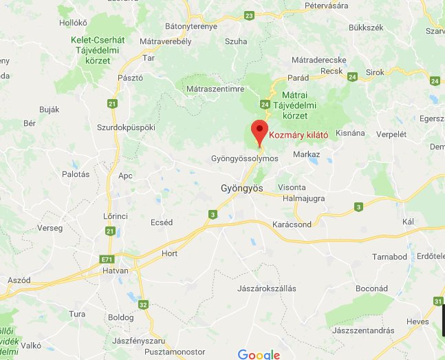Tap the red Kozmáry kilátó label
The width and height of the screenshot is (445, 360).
point(298,135)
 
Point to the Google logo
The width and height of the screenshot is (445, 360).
point(259,354)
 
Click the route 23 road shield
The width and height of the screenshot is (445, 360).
point(248,15)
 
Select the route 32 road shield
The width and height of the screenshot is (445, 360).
point(143,304)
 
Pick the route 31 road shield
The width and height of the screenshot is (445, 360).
point(438,301)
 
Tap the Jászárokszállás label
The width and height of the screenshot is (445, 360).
point(266,288)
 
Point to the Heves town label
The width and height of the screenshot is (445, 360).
point(417,321)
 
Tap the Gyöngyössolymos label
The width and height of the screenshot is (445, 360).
point(244,158)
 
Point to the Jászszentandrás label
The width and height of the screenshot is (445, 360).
point(362,330)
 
